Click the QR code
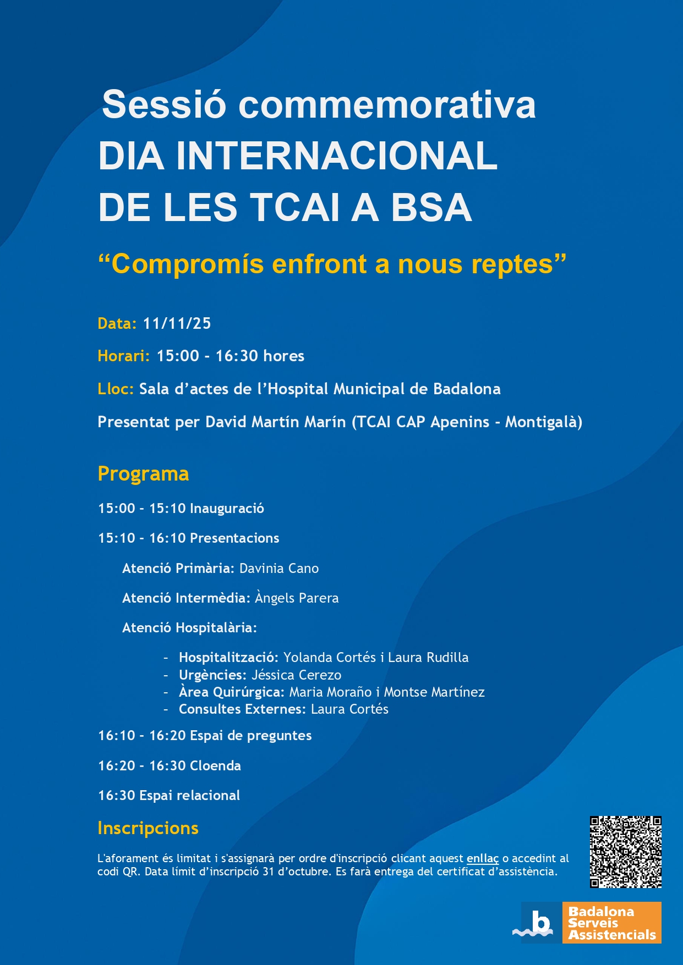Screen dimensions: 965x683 tap(625, 852)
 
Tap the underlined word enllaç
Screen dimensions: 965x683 tap(482, 858)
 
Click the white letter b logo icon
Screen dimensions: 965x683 tap(540, 922)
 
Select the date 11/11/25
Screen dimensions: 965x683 tap(177, 323)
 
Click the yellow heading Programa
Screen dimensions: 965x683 tap(143, 473)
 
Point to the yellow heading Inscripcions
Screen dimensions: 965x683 tap(147, 828)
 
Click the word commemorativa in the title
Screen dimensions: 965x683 tap(387, 104)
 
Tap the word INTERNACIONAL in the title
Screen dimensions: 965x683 tap(336, 156)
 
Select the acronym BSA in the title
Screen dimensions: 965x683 tap(431, 207)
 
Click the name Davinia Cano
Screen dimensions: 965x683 tap(278, 568)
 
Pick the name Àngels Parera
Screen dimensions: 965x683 tap(297, 598)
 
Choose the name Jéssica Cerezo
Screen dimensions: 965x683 tap(296, 675)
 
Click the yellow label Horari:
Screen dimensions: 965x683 tap(123, 356)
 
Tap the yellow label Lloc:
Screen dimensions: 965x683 tap(116, 389)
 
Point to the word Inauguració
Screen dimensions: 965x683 tap(227, 508)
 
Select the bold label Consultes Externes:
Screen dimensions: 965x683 tap(242, 709)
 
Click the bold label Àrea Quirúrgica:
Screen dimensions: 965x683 tap(231, 692)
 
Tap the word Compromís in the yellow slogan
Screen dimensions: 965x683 tap(187, 264)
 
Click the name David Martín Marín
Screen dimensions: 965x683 tap(275, 422)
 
